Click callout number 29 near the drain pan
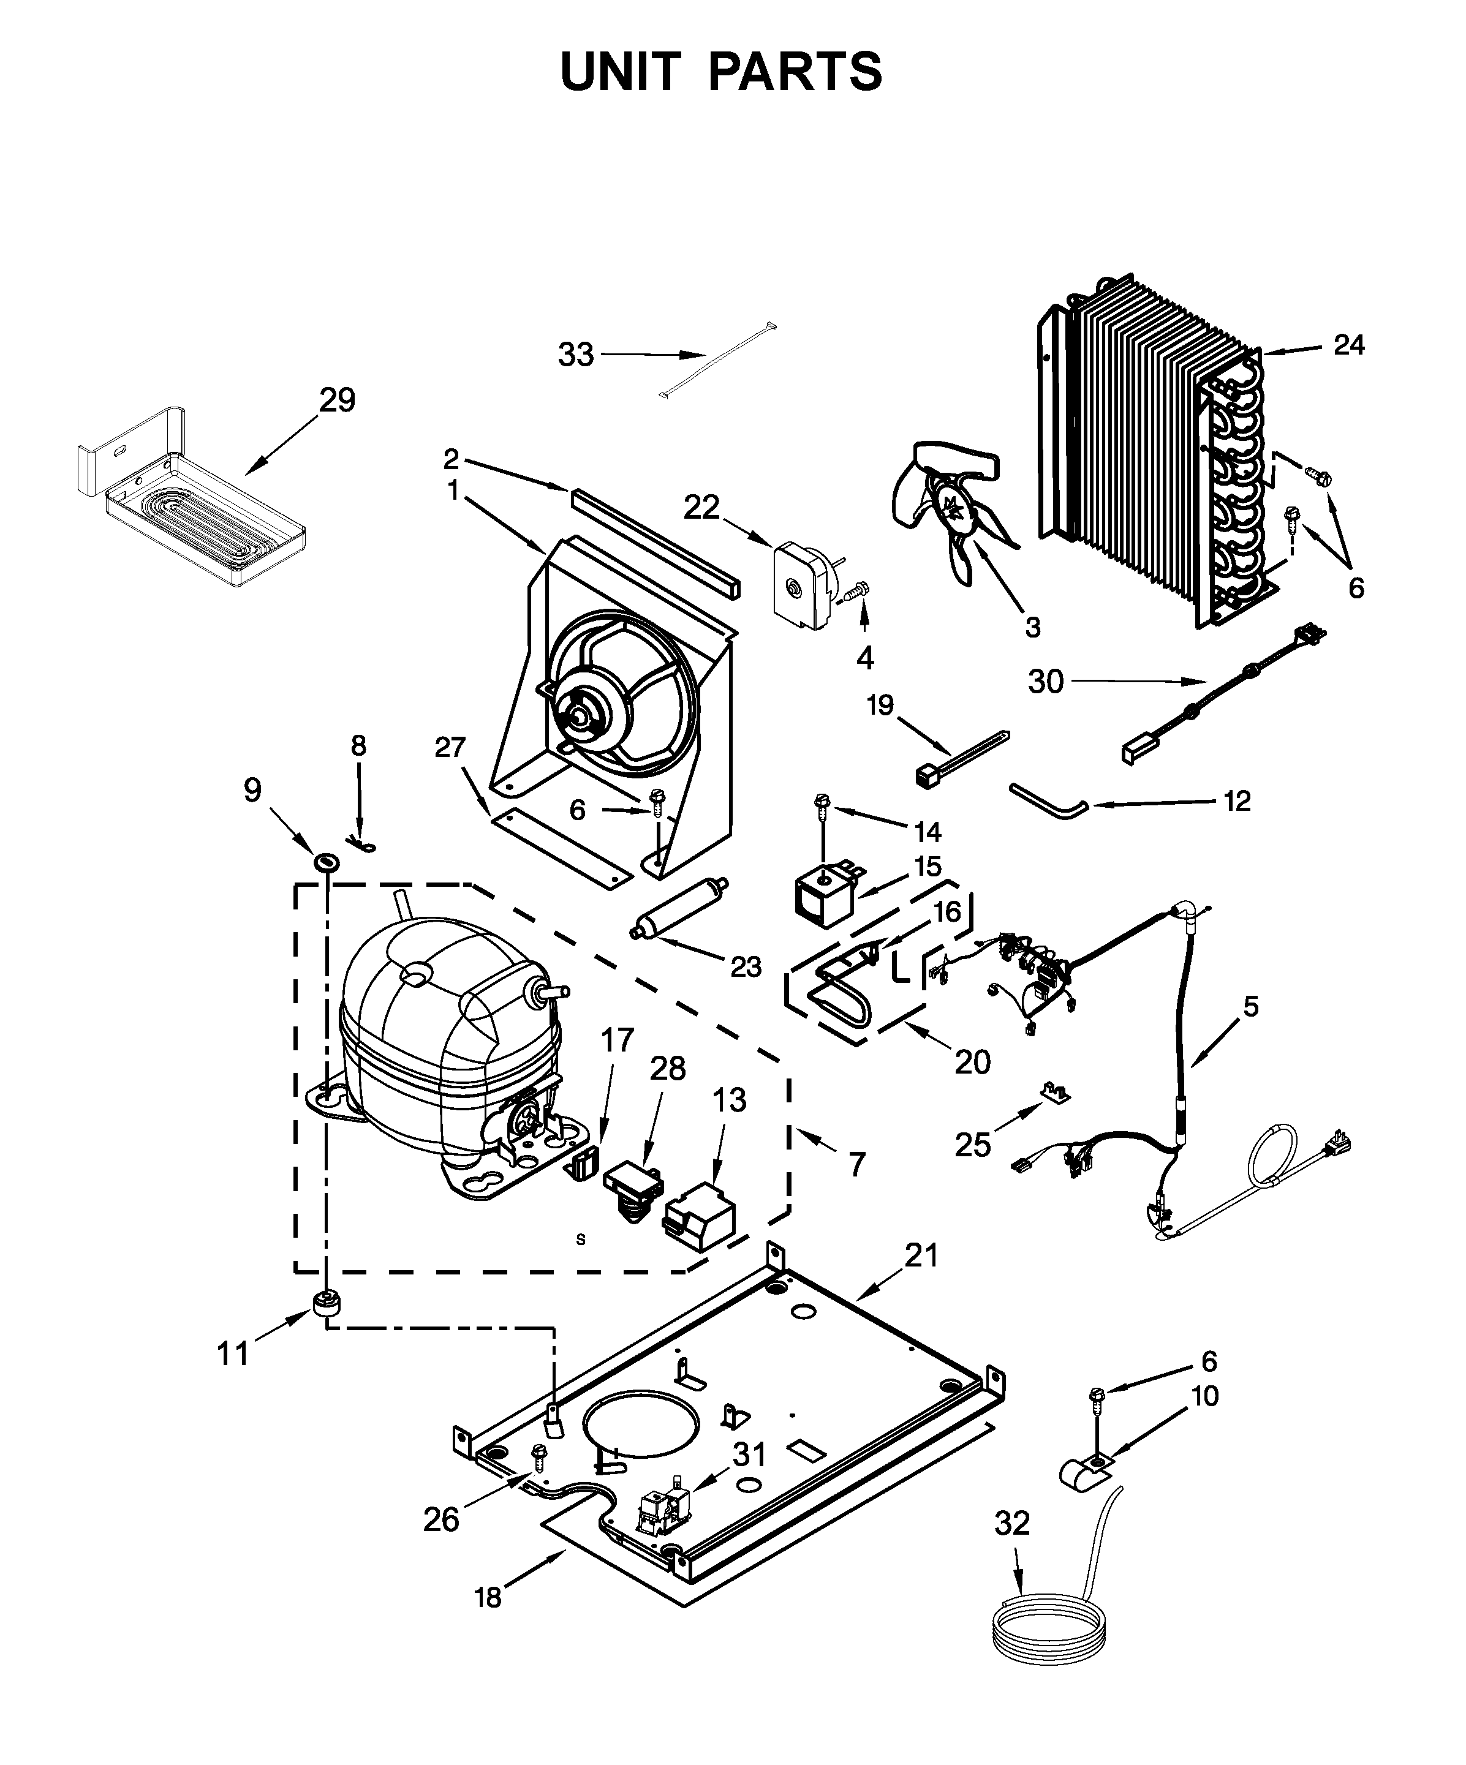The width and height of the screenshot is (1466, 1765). coord(337,400)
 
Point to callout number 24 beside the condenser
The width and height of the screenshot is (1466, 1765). coord(1348,345)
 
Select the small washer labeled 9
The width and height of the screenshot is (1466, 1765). coord(325,862)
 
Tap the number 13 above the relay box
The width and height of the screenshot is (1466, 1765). coord(729,1099)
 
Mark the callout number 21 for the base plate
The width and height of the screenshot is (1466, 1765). coord(921,1279)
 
